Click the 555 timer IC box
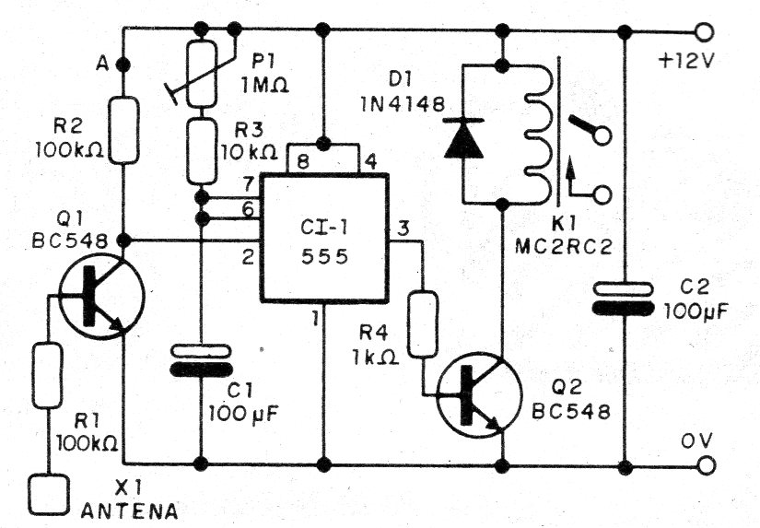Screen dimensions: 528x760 pyautogui.click(x=324, y=238)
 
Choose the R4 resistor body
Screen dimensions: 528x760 pyautogui.click(x=423, y=323)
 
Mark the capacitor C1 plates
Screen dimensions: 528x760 pyautogui.click(x=200, y=359)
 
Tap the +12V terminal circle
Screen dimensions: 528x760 pyautogui.click(x=706, y=33)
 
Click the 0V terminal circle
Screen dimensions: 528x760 pyautogui.click(x=706, y=465)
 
